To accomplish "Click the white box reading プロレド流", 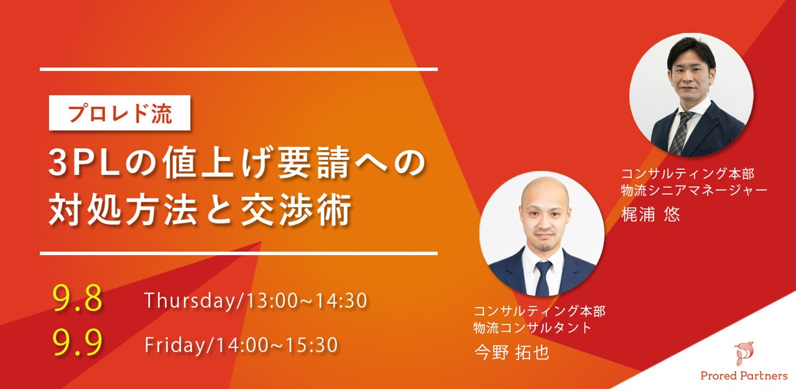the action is point(120,113).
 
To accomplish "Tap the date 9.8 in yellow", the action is point(78,299).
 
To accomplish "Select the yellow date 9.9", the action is point(78,342).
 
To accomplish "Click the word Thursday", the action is point(190,301).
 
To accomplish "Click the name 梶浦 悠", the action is point(650,214).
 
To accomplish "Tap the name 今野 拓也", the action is point(512,352).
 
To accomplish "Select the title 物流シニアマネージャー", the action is point(694,190).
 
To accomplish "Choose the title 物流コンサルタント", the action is point(532,327).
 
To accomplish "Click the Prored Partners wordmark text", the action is point(744,375).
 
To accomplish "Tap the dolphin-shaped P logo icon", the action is point(744,354).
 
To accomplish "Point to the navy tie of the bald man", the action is point(544,278).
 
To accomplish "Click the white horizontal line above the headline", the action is point(238,69).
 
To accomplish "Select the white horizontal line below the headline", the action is point(238,253).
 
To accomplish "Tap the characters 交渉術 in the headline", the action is point(296,210).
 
